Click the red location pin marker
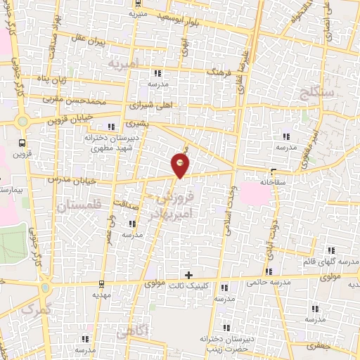click(181, 165)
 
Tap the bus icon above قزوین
click(23, 121)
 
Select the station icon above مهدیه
click(103, 284)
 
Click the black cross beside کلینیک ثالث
click(188, 274)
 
